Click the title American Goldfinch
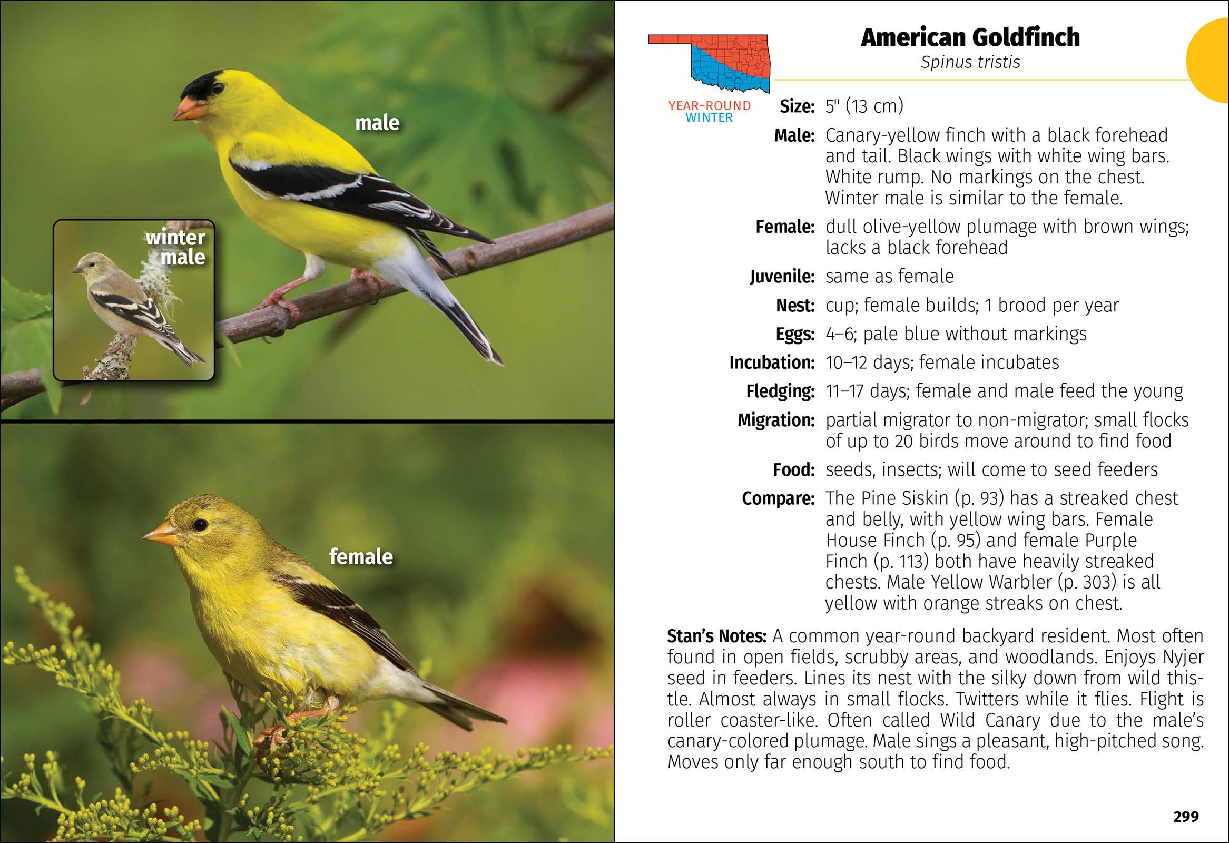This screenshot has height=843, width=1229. tap(970, 37)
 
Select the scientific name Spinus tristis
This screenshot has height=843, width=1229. tap(970, 62)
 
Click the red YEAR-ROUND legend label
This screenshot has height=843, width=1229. tap(709, 106)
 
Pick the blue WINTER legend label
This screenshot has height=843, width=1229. tap(709, 118)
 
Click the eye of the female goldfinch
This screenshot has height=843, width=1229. tap(200, 525)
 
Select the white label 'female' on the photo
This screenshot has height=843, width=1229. tap(361, 557)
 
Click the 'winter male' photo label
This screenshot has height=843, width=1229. tap(176, 247)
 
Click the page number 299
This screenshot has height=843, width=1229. tap(1186, 817)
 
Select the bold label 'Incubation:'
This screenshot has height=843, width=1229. tap(772, 363)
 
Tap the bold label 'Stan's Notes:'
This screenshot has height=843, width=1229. tap(716, 636)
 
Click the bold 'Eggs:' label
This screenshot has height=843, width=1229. tap(795, 334)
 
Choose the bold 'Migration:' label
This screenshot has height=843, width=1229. tap(776, 420)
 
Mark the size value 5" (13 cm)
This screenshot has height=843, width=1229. tap(864, 106)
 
